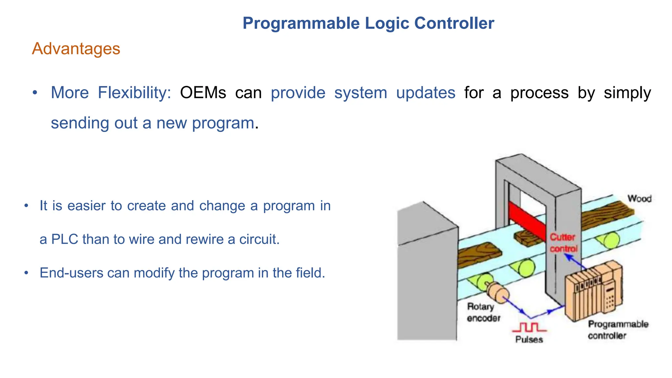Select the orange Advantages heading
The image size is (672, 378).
76,49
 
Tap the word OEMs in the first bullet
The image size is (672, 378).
203,93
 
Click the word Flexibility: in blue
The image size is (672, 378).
135,93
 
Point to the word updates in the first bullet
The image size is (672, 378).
426,93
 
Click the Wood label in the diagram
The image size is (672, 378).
639,199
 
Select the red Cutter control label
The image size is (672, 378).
563,243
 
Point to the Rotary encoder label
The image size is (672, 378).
483,312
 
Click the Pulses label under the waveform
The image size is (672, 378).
529,339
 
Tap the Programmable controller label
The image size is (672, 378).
618,330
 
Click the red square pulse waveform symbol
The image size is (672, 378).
529,327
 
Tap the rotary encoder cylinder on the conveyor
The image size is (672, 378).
497,292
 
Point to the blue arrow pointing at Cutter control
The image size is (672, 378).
575,262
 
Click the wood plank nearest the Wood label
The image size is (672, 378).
604,213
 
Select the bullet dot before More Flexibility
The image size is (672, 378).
35,93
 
